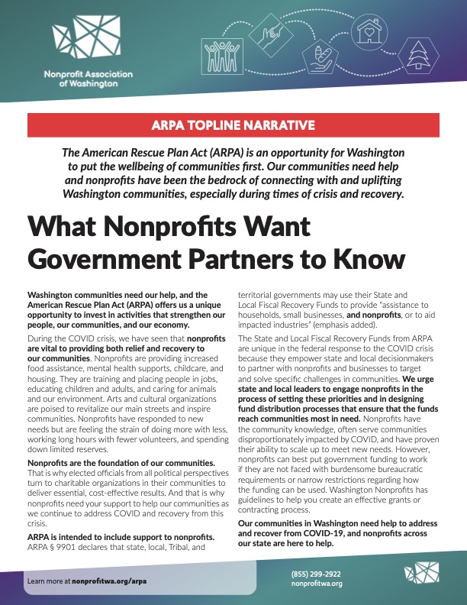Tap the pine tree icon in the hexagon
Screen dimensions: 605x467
(x=420, y=54)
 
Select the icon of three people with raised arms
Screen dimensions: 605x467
(x=219, y=53)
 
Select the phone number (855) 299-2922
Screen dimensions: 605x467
(x=317, y=574)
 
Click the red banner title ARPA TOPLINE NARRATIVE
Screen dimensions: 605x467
(x=233, y=125)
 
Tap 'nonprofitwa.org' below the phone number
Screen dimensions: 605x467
(x=317, y=584)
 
